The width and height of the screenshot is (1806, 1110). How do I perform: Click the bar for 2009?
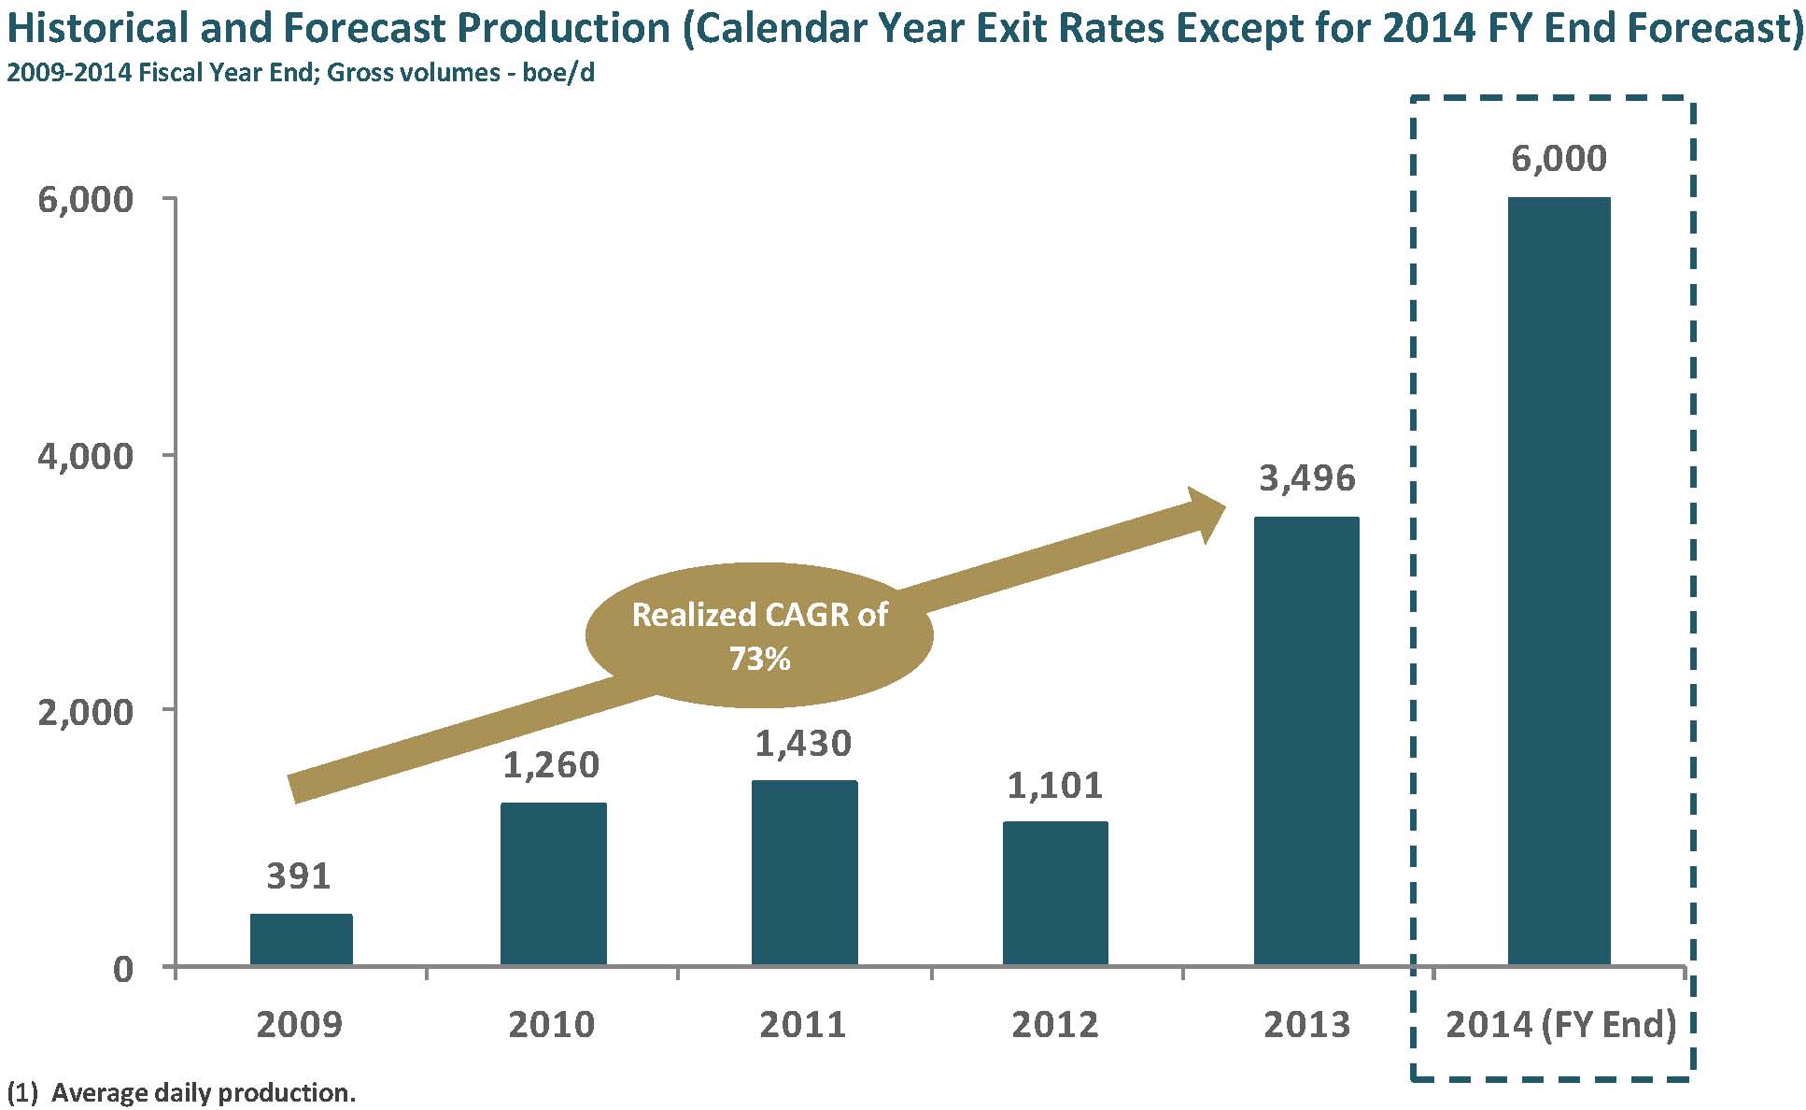click(x=301, y=939)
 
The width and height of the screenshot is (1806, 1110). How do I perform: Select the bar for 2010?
click(x=553, y=883)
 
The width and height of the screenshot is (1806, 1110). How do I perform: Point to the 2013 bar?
click(x=1305, y=740)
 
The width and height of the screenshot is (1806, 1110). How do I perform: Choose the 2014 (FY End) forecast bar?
click(x=1559, y=580)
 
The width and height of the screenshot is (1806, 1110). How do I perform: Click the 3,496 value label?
click(x=1306, y=478)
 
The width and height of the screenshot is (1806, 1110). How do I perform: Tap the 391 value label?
click(x=299, y=876)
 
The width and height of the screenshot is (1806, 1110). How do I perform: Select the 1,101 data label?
click(x=1054, y=785)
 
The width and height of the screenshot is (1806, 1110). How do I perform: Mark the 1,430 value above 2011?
click(x=803, y=744)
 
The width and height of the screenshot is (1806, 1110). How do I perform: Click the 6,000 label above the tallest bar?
click(x=1559, y=159)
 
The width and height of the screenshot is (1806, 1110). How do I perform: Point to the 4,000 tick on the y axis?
click(x=85, y=457)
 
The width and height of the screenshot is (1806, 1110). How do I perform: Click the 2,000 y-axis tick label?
click(x=85, y=711)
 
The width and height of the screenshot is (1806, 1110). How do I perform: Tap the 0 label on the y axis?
click(x=123, y=969)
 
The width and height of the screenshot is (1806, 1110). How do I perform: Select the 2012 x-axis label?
click(x=1055, y=1025)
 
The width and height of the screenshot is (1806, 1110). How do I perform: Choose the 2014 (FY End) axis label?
click(x=1560, y=1025)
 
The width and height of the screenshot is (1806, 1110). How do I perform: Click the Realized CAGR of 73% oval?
click(x=759, y=635)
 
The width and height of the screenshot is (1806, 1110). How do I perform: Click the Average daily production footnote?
click(x=182, y=1092)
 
